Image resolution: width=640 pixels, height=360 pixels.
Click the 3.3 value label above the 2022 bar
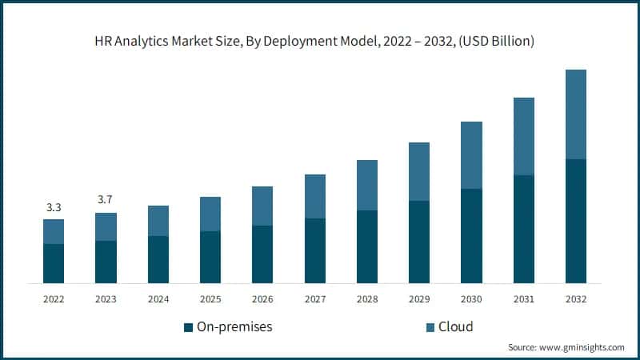(54, 207)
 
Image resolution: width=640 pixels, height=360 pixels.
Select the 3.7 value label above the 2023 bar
(106, 199)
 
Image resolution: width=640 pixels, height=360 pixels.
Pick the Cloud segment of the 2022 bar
(54, 231)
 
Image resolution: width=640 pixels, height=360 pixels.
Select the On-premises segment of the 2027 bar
(314, 250)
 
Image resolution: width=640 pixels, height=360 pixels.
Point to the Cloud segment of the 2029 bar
(419, 171)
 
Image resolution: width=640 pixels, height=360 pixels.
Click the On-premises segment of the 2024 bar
(158, 259)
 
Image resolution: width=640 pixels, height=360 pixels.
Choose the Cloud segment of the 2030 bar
(471, 155)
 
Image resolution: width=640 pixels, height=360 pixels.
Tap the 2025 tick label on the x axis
(210, 298)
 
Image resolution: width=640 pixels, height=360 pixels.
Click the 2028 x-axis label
(366, 298)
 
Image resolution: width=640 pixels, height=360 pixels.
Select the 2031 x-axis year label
(523, 298)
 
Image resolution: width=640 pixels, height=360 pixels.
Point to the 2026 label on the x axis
(262, 298)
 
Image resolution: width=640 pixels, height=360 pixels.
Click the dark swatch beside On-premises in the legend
(188, 327)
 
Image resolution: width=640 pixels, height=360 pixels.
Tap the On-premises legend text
(234, 326)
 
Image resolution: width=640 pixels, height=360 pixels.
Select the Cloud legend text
(455, 326)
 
